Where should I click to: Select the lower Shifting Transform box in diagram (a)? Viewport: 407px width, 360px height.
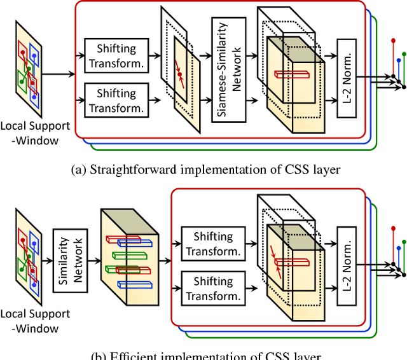(x=116, y=99)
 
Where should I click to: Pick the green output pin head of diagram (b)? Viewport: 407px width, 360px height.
(x=404, y=242)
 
